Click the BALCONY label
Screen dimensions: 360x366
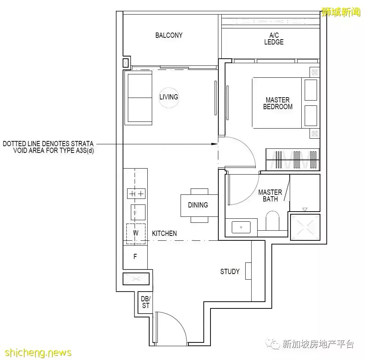pos(169,36)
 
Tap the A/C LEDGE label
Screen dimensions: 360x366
pos(274,39)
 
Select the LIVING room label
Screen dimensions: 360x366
pos(169,97)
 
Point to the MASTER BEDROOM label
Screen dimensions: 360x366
pos(277,103)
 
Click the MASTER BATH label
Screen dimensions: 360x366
pos(270,196)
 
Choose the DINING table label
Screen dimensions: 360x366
pos(198,205)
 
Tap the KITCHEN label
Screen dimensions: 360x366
pos(164,233)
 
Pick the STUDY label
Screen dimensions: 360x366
pos(230,271)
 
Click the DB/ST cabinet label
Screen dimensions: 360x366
pos(145,302)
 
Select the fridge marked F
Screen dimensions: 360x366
pos(135,257)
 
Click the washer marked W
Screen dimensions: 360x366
pos(136,233)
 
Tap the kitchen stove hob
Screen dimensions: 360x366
pos(136,194)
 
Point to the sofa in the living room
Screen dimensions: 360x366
pos(140,98)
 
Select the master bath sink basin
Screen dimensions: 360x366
pos(241,227)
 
